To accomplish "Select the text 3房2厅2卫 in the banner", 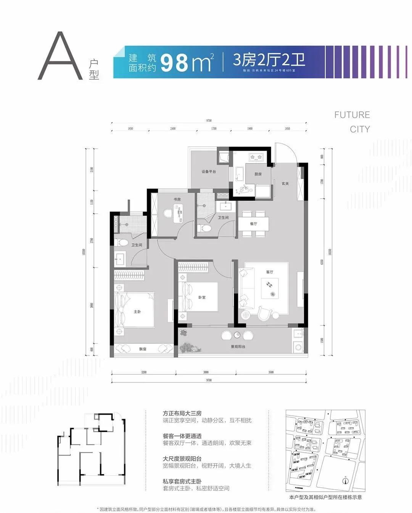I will click(x=269, y=60).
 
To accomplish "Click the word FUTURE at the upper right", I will click(x=352, y=115).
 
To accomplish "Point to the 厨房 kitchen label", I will click(x=258, y=174).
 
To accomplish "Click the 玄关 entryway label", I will click(x=285, y=183).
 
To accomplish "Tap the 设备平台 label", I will click(x=209, y=172).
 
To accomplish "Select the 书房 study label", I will click(x=177, y=199).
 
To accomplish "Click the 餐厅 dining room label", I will click(x=254, y=224).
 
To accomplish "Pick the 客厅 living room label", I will click(x=270, y=272).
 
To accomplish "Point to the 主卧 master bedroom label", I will click(x=137, y=312).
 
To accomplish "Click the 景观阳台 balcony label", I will click(x=238, y=347).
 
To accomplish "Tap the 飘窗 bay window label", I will click(x=142, y=349).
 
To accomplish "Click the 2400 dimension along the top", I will click(x=173, y=129).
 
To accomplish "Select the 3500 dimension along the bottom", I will click(x=271, y=372).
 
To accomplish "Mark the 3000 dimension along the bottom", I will click(x=206, y=372).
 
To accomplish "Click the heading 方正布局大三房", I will click(x=182, y=413).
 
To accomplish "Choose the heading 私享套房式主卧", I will click(x=182, y=481).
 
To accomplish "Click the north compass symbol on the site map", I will click(x=345, y=480).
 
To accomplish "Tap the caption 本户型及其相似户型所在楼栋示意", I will click(x=325, y=497).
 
